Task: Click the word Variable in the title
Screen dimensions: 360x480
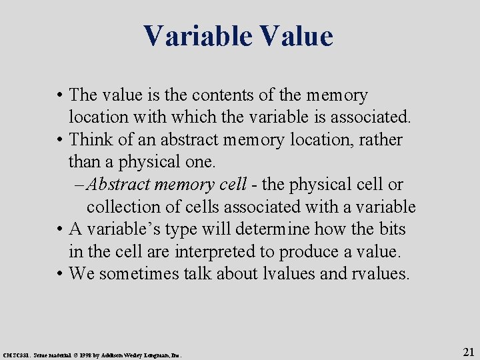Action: pyautogui.click(x=197, y=36)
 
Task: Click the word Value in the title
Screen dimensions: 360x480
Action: pyautogui.click(x=297, y=36)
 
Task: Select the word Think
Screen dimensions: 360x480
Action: pyautogui.click(x=91, y=140)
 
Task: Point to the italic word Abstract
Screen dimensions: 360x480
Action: pyautogui.click(x=117, y=185)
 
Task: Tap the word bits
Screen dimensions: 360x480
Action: pyautogui.click(x=389, y=229)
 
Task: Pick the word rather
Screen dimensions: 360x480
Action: pyautogui.click(x=379, y=140)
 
